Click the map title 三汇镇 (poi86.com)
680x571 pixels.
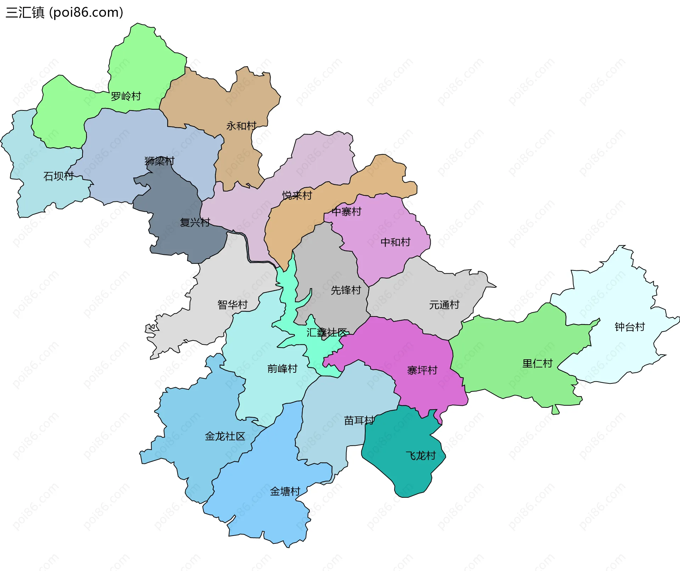pos(64,12)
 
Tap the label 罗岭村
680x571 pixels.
pos(126,96)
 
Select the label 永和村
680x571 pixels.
pos(241,126)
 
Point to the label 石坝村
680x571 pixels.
pos(58,176)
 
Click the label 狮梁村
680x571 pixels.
pos(159,161)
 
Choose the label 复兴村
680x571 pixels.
pos(195,222)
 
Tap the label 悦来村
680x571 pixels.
pos(297,195)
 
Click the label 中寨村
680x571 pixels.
pos(346,212)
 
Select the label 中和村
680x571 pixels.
pos(395,242)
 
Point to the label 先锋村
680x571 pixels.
pos(346,290)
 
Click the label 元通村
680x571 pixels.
pos(444,304)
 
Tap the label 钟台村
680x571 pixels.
pos(630,327)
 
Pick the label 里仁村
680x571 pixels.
pos(537,363)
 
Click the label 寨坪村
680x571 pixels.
pos(422,370)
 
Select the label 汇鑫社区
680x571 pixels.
pos(327,332)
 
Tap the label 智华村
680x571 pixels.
pos(232,304)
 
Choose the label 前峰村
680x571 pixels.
pos(282,369)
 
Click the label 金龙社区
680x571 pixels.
pos(225,436)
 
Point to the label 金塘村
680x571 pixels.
pos(285,491)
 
